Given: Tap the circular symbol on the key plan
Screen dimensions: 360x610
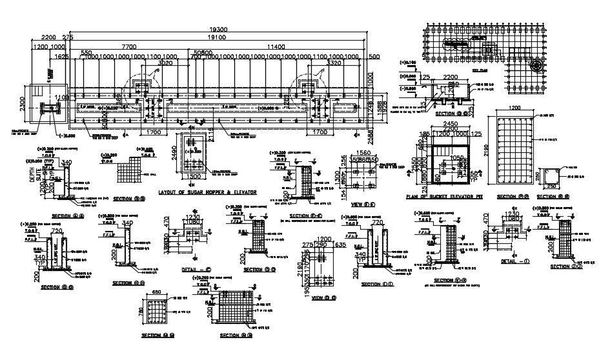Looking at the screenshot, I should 535,65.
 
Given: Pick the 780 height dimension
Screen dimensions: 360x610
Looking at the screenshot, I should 142,314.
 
